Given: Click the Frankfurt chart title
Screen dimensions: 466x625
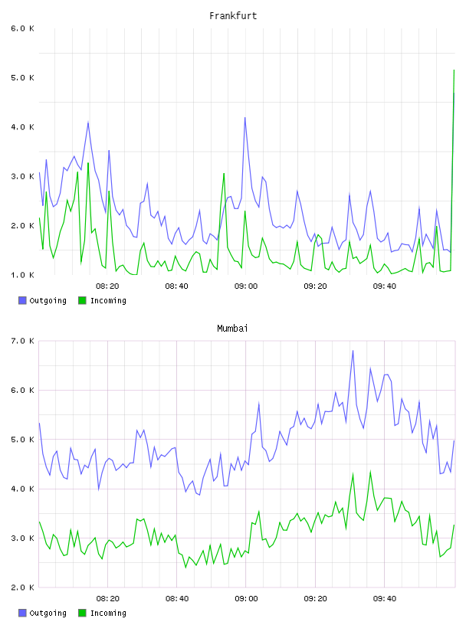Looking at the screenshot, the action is pyautogui.click(x=233, y=16).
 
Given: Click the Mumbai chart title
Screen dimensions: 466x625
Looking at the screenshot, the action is pyautogui.click(x=232, y=329).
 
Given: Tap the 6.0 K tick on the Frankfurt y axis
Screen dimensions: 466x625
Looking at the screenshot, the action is pyautogui.click(x=23, y=28).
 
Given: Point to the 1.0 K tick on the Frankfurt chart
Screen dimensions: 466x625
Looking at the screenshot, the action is pyautogui.click(x=23, y=275).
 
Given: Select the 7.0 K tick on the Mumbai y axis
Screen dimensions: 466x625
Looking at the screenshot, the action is pyautogui.click(x=23, y=341).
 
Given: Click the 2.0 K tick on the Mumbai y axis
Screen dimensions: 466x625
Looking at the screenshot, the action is pyautogui.click(x=23, y=587).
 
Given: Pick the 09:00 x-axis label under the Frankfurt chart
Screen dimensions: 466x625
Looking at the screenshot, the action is pyautogui.click(x=246, y=286).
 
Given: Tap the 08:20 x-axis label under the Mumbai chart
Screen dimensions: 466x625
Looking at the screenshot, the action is pyautogui.click(x=108, y=599).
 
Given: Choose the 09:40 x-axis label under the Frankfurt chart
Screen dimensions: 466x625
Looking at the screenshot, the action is pyautogui.click(x=385, y=286).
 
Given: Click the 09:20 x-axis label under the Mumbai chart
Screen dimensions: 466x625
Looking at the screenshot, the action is pyautogui.click(x=315, y=599).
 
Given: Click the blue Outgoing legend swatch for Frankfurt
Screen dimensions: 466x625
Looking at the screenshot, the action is pyautogui.click(x=22, y=300).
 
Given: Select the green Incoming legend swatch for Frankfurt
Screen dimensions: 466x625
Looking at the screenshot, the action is pyautogui.click(x=82, y=300).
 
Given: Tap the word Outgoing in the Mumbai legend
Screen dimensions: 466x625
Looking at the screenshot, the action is pyautogui.click(x=48, y=613).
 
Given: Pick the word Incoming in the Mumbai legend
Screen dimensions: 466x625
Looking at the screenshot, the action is pyautogui.click(x=108, y=613).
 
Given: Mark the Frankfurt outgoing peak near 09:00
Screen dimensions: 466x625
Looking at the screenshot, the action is pyautogui.click(x=245, y=118).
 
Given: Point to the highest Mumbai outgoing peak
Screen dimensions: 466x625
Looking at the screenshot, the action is pyautogui.click(x=353, y=351).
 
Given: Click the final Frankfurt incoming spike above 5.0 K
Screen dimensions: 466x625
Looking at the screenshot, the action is pyautogui.click(x=454, y=70).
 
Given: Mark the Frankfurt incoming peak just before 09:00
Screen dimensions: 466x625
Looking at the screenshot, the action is pyautogui.click(x=224, y=173).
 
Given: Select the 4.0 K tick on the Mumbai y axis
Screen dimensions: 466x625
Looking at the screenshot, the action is pyautogui.click(x=23, y=489).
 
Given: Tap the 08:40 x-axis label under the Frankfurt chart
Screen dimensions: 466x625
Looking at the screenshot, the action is pyautogui.click(x=177, y=286).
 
